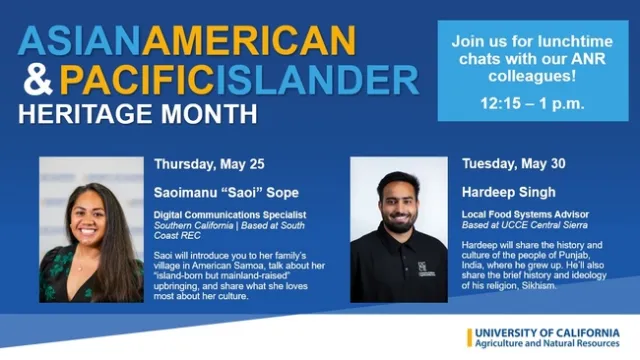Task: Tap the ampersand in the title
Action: [x=37, y=77]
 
